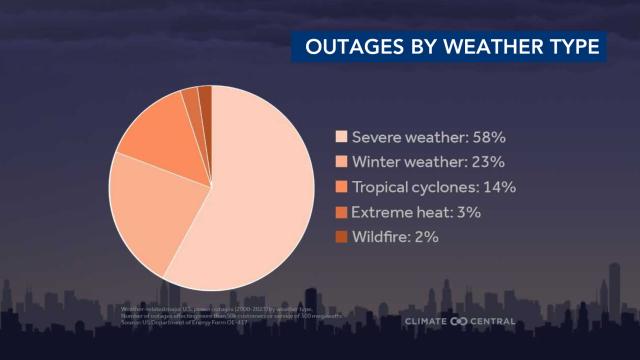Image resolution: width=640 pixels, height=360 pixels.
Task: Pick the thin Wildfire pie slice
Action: tap(205, 96)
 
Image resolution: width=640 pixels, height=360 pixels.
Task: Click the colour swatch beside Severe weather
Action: tap(342, 136)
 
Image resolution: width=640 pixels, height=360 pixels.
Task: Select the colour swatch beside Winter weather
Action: tap(342, 162)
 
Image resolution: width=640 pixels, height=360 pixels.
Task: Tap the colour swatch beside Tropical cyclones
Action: tap(342, 187)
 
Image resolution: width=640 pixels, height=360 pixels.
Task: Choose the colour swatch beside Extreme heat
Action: tap(342, 212)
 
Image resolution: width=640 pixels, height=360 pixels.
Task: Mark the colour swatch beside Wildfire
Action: tap(342, 237)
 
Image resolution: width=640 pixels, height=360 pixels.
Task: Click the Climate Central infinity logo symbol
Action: tap(459, 321)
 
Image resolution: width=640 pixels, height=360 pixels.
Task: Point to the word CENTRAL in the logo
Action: tap(493, 321)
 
